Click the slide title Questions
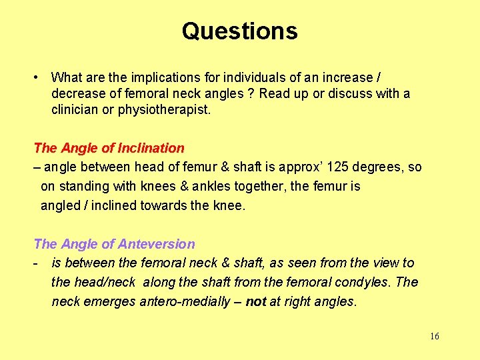coord(239,31)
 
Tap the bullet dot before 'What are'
coord(37,77)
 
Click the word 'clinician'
coord(75,109)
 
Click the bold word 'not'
coord(256,301)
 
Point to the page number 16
coord(435,336)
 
